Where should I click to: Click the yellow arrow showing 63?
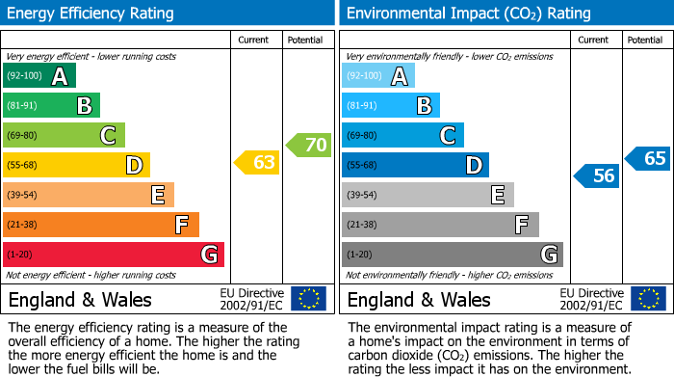[x=258, y=162]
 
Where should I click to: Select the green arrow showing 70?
[x=309, y=146]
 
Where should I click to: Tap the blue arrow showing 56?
[x=597, y=175]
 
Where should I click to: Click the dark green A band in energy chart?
[x=39, y=76]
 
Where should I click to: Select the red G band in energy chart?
[x=114, y=255]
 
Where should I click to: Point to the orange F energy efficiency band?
[x=101, y=225]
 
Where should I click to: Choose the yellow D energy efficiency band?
[x=76, y=165]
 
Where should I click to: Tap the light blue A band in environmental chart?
[x=378, y=76]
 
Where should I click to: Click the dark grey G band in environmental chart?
[x=453, y=255]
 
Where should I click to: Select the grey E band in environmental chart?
[x=428, y=195]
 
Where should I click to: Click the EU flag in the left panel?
[x=308, y=298]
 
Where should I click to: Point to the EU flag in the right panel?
[x=647, y=298]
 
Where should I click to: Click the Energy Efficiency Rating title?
[x=91, y=13]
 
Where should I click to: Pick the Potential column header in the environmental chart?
[x=645, y=40]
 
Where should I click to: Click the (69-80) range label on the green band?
[x=22, y=136]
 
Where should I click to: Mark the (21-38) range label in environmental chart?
[x=362, y=225]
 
